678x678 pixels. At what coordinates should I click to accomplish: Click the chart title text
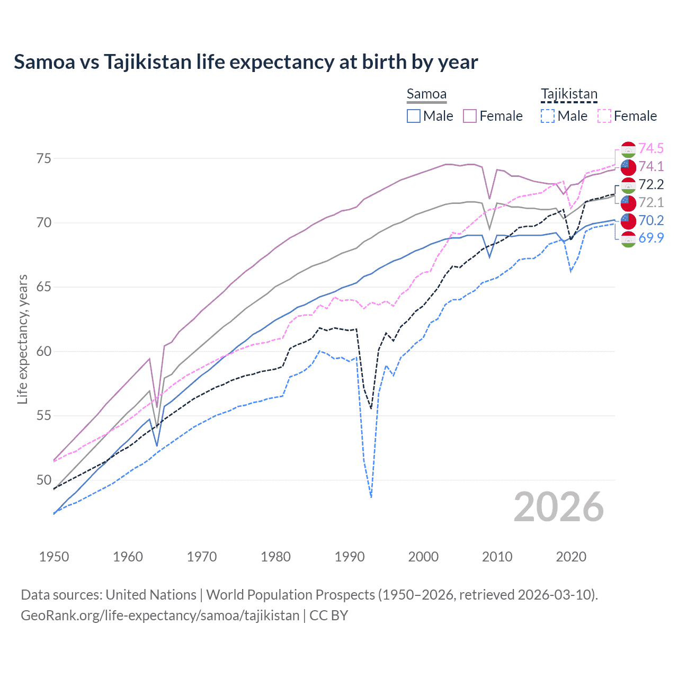(246, 62)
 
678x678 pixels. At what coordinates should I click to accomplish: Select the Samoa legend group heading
(426, 94)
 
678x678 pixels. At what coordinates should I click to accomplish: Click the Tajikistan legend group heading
(569, 94)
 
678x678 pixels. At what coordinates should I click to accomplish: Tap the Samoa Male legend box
(414, 116)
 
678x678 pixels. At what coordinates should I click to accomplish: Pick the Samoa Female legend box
(470, 116)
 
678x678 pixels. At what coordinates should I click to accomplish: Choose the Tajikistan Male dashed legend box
(548, 116)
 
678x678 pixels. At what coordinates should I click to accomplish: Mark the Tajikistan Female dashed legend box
(604, 116)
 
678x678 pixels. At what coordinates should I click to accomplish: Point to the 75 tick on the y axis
(44, 158)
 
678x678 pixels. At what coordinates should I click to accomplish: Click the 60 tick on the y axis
(44, 351)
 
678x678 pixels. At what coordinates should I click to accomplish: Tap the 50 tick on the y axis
(44, 480)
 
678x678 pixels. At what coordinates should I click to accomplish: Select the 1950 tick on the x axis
(54, 557)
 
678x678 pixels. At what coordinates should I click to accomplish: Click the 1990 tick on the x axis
(350, 557)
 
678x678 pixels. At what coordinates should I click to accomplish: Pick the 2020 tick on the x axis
(571, 557)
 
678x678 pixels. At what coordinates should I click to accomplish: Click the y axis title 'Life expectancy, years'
(23, 339)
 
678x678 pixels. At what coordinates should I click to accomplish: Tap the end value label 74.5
(651, 148)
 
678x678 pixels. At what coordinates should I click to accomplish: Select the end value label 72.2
(651, 184)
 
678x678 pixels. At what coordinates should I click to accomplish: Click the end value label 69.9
(651, 238)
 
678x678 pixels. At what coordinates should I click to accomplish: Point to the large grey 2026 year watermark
(559, 507)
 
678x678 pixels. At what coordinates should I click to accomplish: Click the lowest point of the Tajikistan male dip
(371, 497)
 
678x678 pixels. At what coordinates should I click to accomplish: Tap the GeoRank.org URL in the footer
(160, 615)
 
